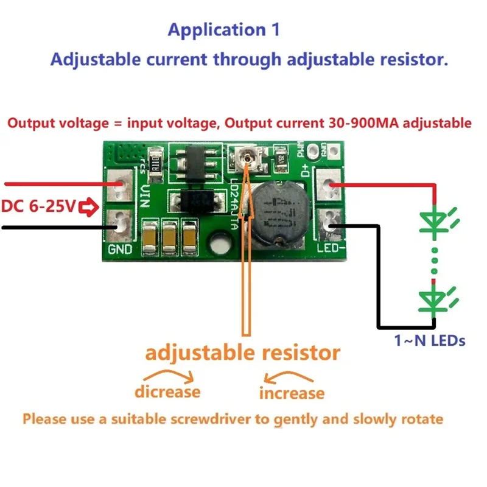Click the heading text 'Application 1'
pos(223,29)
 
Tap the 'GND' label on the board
pos(119,250)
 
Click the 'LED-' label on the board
pos(331,250)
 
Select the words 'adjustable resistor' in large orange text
pos(242,353)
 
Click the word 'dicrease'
pos(167,391)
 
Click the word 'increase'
pos(292,393)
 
